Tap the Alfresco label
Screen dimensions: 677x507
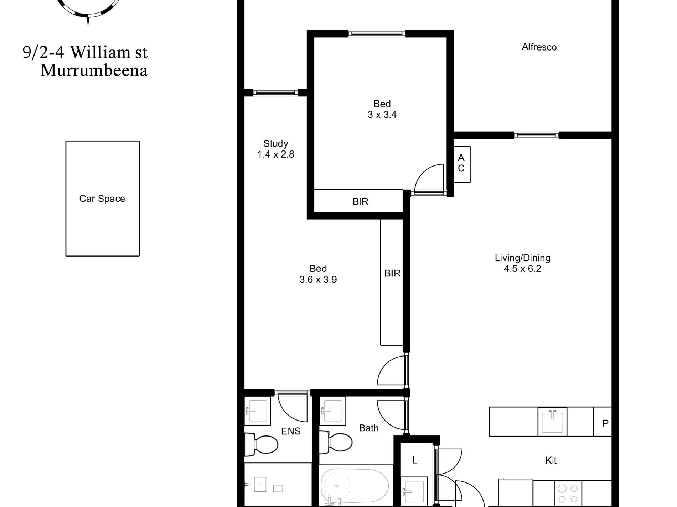[539, 47]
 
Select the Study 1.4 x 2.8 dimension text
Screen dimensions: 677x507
[276, 154]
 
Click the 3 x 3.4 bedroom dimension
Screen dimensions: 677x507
[382, 115]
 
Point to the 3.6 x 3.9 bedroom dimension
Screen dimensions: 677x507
[318, 280]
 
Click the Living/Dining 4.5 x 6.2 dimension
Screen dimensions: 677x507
[522, 269]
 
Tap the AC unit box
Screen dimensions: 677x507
[461, 164]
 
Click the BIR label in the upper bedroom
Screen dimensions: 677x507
[360, 202]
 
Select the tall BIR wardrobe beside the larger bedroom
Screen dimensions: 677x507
[392, 282]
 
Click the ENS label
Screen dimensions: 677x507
[291, 431]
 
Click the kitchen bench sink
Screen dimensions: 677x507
[552, 422]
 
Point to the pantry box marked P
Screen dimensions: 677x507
[603, 422]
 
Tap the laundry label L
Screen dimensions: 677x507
[415, 460]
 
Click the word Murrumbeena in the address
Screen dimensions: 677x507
[94, 70]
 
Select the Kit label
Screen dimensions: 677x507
[551, 460]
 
